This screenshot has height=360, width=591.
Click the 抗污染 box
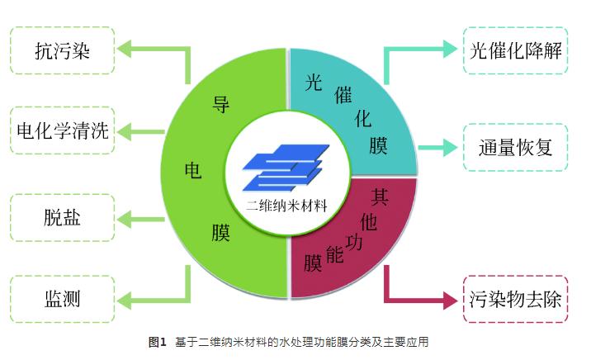point(63,51)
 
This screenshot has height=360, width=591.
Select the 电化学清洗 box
point(63,131)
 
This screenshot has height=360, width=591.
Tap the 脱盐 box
point(63,218)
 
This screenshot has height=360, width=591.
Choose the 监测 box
point(63,297)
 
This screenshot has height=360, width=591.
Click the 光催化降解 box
point(515,51)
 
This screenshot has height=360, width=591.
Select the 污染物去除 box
point(515,297)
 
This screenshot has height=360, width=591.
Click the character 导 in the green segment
point(221,105)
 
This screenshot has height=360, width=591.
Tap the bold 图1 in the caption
point(157,342)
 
